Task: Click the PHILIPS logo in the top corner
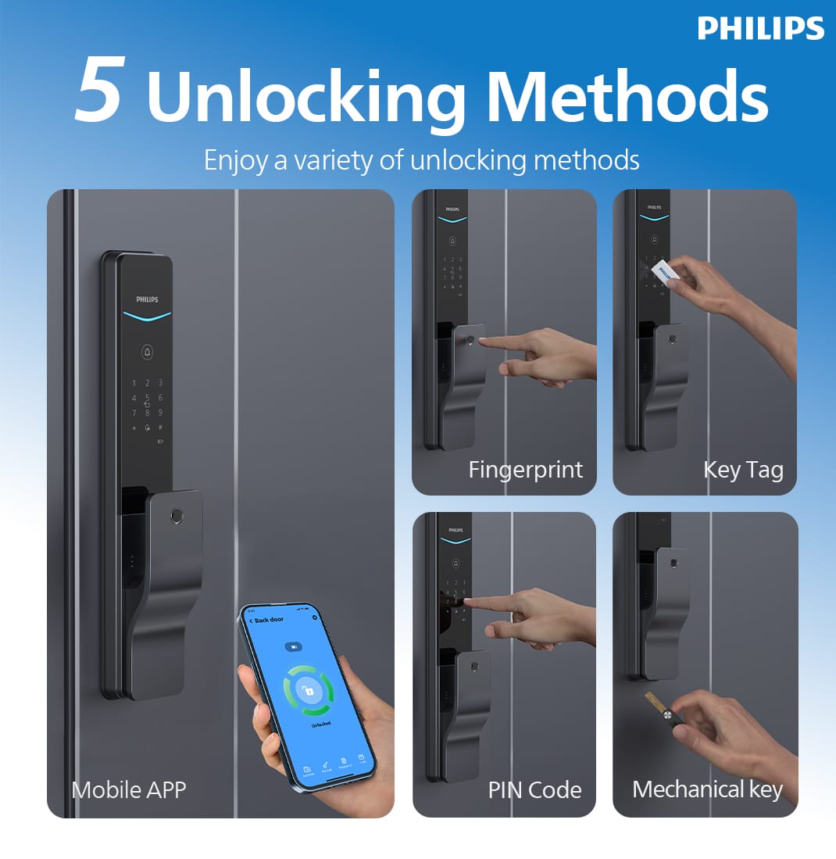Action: (760, 28)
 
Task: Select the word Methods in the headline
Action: (631, 97)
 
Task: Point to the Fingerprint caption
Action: (525, 470)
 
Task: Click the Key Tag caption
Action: (743, 470)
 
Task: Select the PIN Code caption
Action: (534, 789)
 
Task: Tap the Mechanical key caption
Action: (707, 789)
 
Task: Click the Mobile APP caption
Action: (129, 789)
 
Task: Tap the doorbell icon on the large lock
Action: (148, 353)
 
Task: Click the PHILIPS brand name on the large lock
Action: (147, 299)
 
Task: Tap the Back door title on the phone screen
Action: (270, 620)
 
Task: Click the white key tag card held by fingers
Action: (663, 270)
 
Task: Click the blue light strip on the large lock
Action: (147, 317)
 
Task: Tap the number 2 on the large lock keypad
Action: (147, 384)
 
